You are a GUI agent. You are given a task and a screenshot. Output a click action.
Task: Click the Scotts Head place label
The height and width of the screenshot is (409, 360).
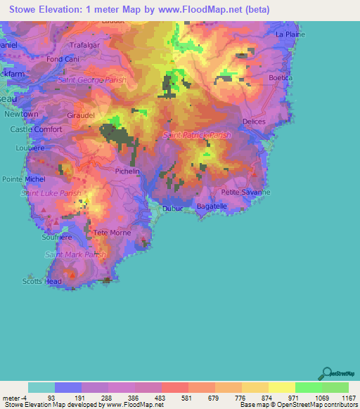coord(41,281)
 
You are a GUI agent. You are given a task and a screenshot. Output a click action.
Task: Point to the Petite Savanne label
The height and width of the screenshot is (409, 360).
coord(245,192)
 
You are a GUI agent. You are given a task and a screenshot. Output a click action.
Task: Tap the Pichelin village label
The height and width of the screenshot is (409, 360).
coord(127,171)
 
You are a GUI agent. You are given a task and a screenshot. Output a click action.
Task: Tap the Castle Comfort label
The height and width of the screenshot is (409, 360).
coord(37,130)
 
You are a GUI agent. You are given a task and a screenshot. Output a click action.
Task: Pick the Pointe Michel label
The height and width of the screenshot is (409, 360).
coord(23,179)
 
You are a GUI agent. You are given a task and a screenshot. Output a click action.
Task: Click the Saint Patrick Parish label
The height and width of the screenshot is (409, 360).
coord(196,134)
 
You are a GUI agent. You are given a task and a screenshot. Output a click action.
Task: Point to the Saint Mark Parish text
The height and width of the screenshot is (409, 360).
coord(75,254)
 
